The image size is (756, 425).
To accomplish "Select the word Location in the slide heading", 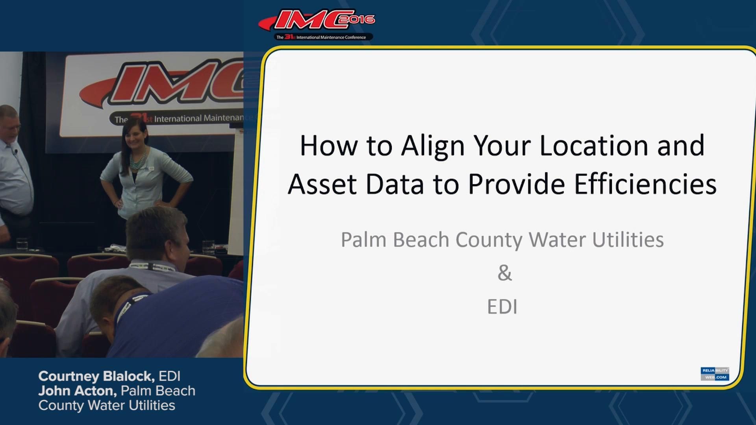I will [x=594, y=146].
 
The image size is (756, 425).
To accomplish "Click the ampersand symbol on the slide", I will [x=504, y=273].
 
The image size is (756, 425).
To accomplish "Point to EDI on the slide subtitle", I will [x=502, y=307].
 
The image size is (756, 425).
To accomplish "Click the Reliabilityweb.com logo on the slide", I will [x=715, y=373].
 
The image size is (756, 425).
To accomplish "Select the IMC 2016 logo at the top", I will [x=317, y=24].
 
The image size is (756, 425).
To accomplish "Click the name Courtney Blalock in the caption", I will [x=96, y=376].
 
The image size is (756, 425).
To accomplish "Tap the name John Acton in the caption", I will [x=77, y=391].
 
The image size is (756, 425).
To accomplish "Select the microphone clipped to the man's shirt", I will [x=16, y=151].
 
